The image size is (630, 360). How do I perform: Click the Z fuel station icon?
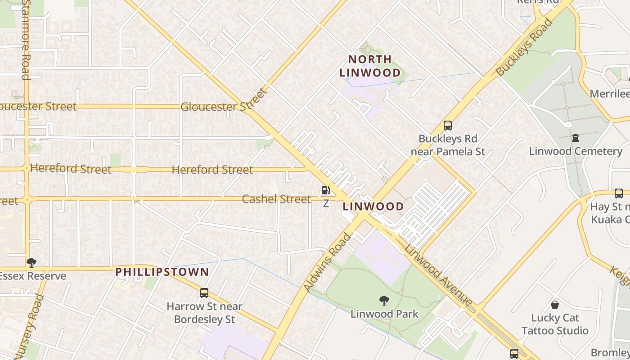[325, 190]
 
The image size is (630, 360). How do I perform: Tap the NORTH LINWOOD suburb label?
[370, 66]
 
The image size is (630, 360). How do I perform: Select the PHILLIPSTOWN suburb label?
[162, 272]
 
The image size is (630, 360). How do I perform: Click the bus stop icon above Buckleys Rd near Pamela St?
[447, 126]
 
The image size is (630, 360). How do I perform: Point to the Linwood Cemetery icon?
[575, 138]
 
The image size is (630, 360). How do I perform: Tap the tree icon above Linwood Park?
[384, 300]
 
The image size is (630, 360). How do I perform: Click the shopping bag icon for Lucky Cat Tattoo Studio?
[555, 305]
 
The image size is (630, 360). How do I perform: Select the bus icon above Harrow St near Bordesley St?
[204, 293]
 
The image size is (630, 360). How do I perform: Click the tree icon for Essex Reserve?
[31, 262]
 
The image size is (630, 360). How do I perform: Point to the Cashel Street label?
[276, 199]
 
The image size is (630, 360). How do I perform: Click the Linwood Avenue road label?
[438, 274]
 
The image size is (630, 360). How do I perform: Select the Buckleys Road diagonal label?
[524, 47]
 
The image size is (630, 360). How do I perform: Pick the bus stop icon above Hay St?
[619, 193]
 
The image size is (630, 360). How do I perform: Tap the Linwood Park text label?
[384, 314]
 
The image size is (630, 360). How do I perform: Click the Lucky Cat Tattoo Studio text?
[555, 324]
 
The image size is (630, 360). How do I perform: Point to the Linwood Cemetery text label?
[575, 151]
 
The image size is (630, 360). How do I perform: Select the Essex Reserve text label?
[33, 276]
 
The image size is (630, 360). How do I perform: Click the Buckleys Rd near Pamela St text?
[448, 145]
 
